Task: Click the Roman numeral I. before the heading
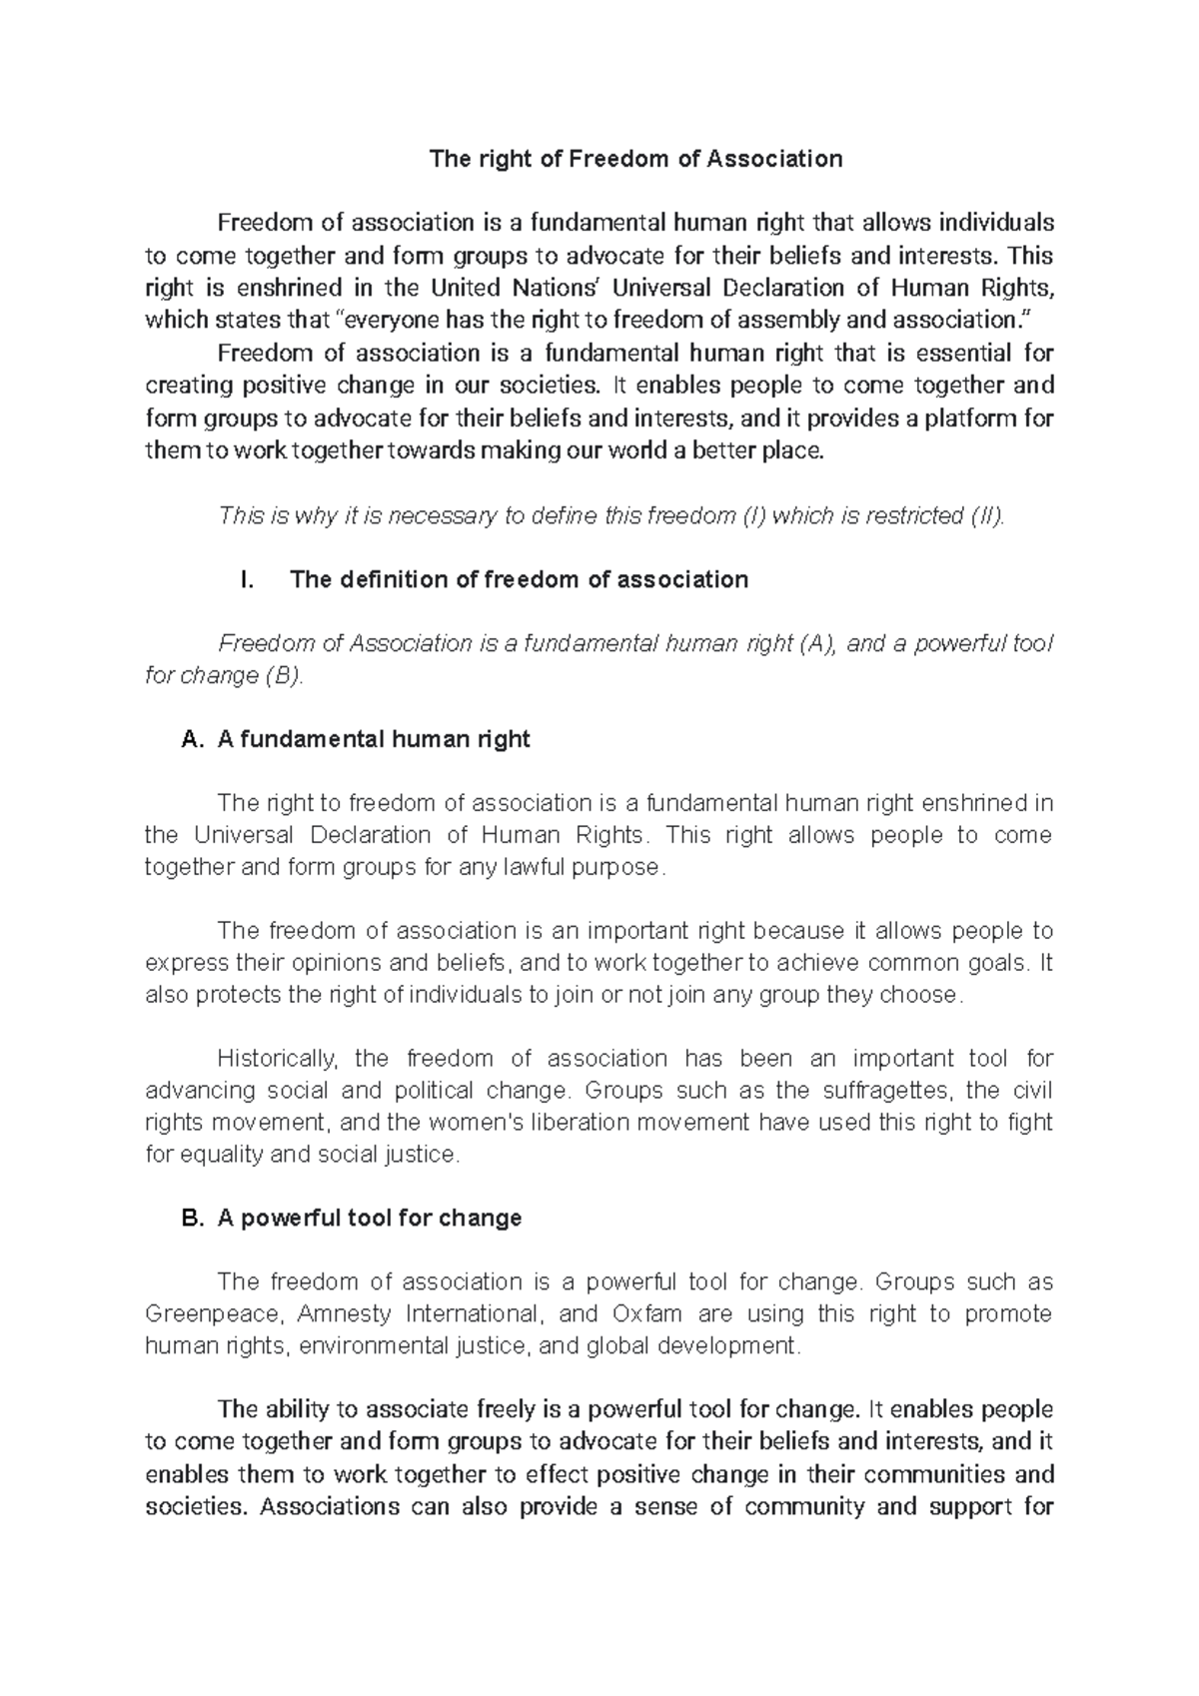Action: point(249,580)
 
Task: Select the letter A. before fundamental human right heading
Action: point(193,740)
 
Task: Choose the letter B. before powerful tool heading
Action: point(193,1219)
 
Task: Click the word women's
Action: point(467,1123)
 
